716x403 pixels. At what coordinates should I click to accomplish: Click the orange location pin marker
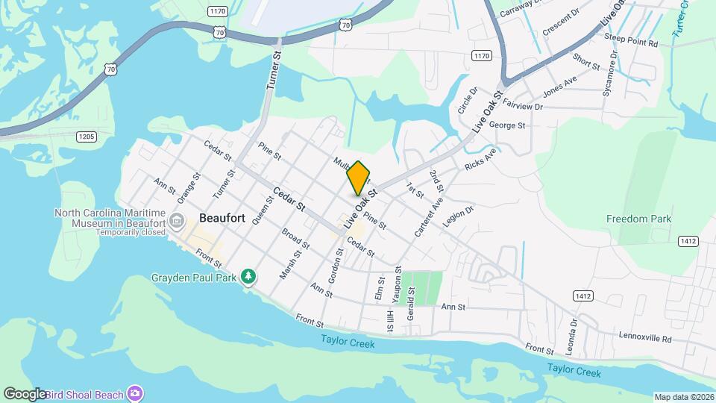pyautogui.click(x=359, y=178)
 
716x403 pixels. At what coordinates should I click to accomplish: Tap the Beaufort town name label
pyautogui.click(x=222, y=219)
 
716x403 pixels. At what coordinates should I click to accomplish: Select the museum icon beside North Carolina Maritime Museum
pyautogui.click(x=177, y=221)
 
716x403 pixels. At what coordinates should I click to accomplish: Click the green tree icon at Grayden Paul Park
pyautogui.click(x=248, y=278)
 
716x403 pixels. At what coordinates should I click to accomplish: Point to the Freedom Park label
pyautogui.click(x=638, y=219)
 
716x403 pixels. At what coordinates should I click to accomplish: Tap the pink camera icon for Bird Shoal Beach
pyautogui.click(x=135, y=393)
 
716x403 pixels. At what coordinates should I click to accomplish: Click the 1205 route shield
pyautogui.click(x=86, y=137)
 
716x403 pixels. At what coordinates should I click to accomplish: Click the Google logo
pyautogui.click(x=25, y=393)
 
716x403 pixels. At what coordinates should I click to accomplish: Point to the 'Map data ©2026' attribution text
pyautogui.click(x=683, y=396)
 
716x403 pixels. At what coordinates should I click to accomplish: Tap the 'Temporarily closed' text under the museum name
pyautogui.click(x=130, y=232)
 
